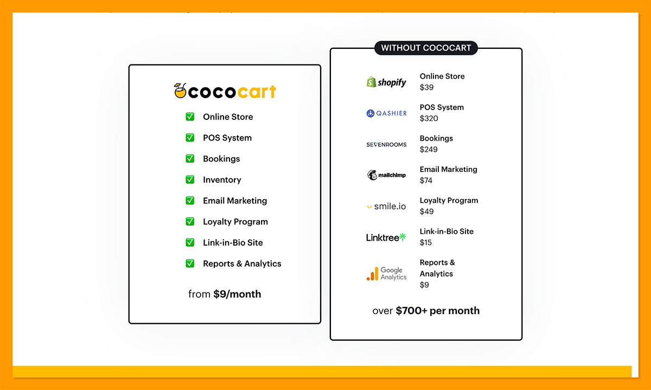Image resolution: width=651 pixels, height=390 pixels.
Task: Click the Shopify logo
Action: (x=386, y=82)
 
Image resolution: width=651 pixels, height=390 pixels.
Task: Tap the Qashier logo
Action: (x=386, y=113)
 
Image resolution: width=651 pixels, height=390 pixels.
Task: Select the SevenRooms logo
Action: (x=386, y=144)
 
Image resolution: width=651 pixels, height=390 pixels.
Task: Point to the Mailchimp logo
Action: (x=386, y=175)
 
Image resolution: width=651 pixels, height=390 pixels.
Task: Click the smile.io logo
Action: (x=386, y=206)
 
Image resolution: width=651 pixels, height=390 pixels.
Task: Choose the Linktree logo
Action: (x=386, y=237)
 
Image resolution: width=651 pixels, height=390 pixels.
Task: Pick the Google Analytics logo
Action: (x=386, y=273)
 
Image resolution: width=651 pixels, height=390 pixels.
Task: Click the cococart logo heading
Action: (x=225, y=91)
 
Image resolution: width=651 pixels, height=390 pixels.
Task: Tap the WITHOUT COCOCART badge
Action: (x=426, y=48)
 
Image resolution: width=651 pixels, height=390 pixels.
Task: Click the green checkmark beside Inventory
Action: (x=190, y=180)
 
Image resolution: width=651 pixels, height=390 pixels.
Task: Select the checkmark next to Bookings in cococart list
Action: (x=190, y=158)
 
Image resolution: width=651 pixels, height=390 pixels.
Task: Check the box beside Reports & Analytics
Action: (x=190, y=264)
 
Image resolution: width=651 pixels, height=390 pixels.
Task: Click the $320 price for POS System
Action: (x=429, y=118)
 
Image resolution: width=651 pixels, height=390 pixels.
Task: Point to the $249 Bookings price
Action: (x=429, y=149)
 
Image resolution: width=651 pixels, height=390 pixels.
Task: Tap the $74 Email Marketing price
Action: (x=426, y=180)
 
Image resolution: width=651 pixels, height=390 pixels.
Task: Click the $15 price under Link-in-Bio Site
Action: (x=426, y=242)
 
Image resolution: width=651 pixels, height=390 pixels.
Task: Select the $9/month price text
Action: (x=237, y=294)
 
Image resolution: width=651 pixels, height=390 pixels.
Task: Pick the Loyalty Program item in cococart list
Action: (x=235, y=221)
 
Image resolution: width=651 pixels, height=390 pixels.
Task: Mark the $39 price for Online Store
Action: (x=426, y=87)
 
